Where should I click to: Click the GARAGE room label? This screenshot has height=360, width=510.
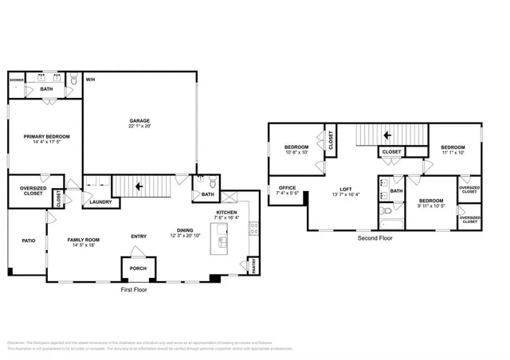coord(140,120)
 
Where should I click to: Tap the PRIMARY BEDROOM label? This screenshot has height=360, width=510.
coord(44,136)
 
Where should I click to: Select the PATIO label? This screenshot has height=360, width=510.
coord(29,240)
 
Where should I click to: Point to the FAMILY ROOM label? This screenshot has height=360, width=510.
coord(83,240)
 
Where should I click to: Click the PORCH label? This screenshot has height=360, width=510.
coord(138,268)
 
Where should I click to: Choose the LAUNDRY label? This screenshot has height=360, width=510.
coord(100,202)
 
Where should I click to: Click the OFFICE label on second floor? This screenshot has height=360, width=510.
coord(287,188)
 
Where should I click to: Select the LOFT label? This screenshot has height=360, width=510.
coord(346,189)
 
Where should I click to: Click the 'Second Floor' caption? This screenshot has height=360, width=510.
coord(375,237)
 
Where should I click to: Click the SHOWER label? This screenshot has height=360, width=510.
coord(17,80)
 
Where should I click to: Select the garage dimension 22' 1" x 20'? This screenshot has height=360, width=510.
coord(140,126)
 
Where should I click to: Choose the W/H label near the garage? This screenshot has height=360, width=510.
coord(91,79)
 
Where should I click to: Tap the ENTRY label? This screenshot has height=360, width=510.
coord(139,236)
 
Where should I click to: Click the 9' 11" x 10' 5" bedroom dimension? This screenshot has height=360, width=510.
coord(431,206)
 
